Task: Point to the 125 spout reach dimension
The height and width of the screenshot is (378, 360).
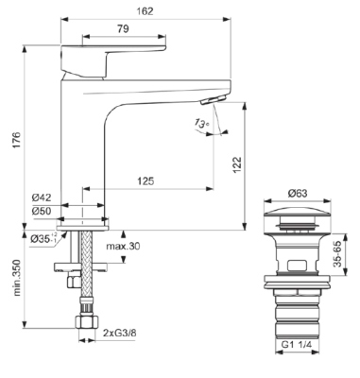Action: (x=145, y=180)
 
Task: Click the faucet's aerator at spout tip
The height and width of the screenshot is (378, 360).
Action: (x=213, y=99)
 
